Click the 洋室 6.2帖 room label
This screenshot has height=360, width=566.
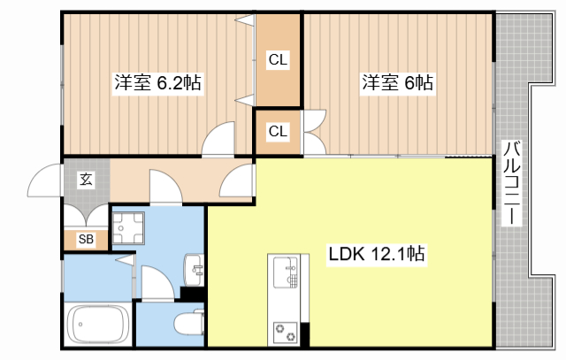[157, 84]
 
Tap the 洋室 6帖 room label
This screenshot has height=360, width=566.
[395, 84]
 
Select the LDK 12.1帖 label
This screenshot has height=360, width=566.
[377, 254]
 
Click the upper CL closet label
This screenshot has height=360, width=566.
[278, 60]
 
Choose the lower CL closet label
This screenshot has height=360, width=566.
[278, 132]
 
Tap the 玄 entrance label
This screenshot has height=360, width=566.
[86, 180]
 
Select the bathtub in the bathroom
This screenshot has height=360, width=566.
[97, 325]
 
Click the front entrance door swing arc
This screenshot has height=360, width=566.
[44, 183]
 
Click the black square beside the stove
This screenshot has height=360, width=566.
[306, 335]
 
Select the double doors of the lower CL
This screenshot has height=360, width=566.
[312, 131]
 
